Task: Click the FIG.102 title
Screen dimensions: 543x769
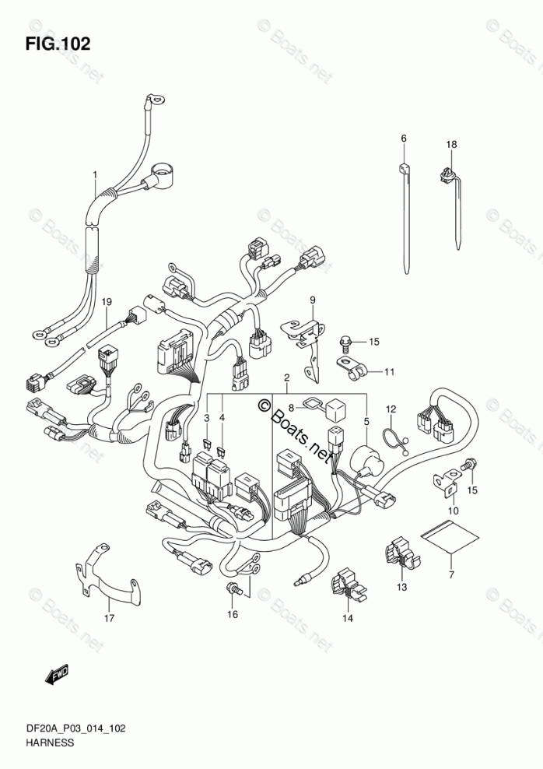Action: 58,44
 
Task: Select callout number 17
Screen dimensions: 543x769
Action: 109,618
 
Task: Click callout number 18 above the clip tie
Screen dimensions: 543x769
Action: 451,144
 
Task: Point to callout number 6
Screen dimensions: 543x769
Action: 403,139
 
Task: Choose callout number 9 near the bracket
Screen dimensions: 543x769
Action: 312,300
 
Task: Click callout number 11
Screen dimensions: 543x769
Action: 389,372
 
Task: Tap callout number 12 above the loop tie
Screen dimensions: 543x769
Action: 391,409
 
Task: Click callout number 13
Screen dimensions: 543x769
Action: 402,587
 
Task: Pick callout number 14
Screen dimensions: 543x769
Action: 348,619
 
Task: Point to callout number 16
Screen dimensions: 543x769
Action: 233,614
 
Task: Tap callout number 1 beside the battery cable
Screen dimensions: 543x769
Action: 95,174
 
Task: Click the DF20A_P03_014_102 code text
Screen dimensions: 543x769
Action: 75,729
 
